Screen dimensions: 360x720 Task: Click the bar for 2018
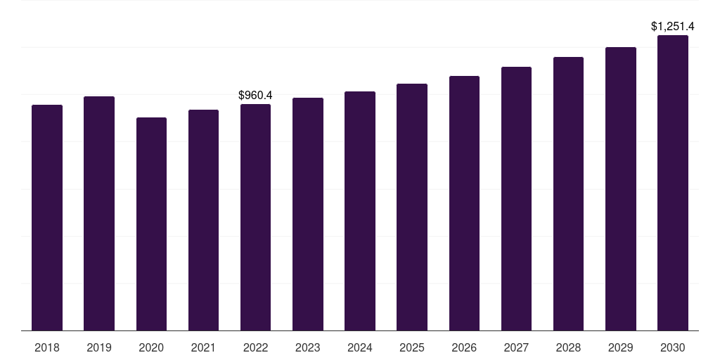pyautogui.click(x=47, y=218)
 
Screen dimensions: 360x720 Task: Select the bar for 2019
pyautogui.click(x=99, y=214)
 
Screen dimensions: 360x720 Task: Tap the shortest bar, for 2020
pyautogui.click(x=151, y=224)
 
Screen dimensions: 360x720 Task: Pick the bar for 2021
pyautogui.click(x=203, y=220)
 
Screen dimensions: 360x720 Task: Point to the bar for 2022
pyautogui.click(x=255, y=217)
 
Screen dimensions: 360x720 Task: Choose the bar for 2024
pyautogui.click(x=360, y=211)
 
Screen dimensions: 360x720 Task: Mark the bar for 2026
pyautogui.click(x=464, y=203)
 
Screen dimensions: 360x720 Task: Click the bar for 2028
pyautogui.click(x=568, y=194)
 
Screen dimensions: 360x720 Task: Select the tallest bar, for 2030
pyautogui.click(x=673, y=183)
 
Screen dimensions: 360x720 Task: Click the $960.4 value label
pyautogui.click(x=255, y=95)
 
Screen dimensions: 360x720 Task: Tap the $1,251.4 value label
pyautogui.click(x=673, y=27)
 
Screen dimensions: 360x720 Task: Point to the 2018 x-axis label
pyautogui.click(x=47, y=347)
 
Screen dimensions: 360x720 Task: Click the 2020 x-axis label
pyautogui.click(x=151, y=347)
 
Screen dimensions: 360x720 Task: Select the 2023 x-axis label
pyautogui.click(x=308, y=347)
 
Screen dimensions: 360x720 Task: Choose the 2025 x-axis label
pyautogui.click(x=412, y=347)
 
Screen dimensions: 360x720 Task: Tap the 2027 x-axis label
pyautogui.click(x=516, y=347)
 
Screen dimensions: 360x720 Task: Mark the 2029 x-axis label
pyautogui.click(x=621, y=347)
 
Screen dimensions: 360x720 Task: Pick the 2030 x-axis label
pyautogui.click(x=673, y=347)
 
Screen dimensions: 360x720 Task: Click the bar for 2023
pyautogui.click(x=308, y=214)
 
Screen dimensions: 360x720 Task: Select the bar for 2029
pyautogui.click(x=621, y=189)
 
